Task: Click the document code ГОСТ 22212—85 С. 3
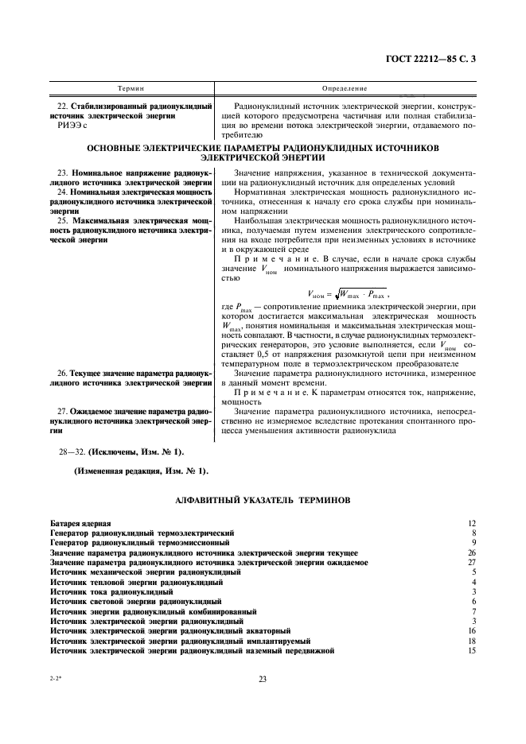click(430, 60)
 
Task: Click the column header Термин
click(131, 88)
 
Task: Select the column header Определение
click(345, 88)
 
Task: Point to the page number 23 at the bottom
click(262, 677)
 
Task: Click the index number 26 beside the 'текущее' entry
click(471, 552)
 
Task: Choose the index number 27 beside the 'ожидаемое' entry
click(471, 562)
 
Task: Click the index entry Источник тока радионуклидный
click(111, 592)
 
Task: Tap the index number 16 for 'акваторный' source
click(471, 631)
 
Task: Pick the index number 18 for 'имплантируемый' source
click(471, 641)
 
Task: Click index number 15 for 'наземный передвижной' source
click(471, 651)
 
